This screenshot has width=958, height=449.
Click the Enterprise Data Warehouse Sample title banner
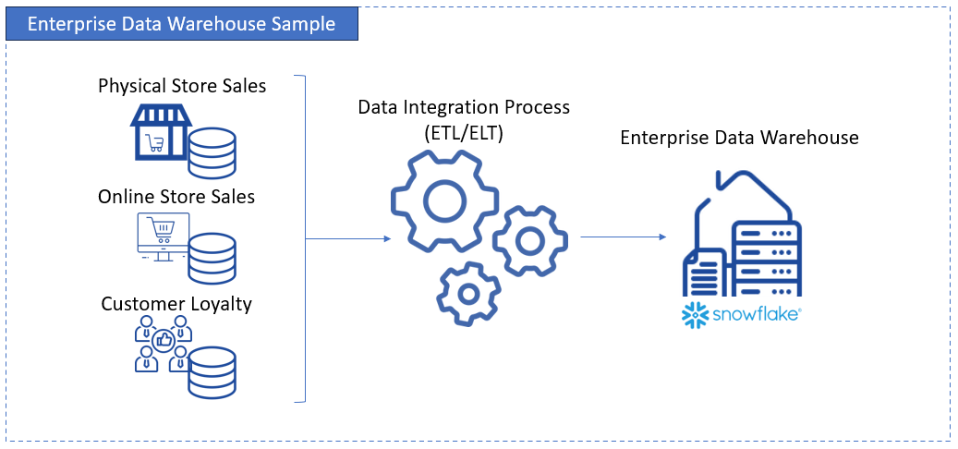pyautogui.click(x=182, y=24)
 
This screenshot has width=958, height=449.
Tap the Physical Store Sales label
pyautogui.click(x=182, y=86)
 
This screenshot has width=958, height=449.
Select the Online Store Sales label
pyautogui.click(x=176, y=197)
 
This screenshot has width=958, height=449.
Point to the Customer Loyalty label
pyautogui.click(x=176, y=304)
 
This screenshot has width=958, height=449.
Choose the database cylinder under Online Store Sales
pyautogui.click(x=212, y=258)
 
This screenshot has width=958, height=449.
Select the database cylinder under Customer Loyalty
pyautogui.click(x=212, y=372)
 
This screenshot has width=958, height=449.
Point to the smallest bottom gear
pyautogui.click(x=468, y=294)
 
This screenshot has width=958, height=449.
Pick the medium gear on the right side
pyautogui.click(x=529, y=241)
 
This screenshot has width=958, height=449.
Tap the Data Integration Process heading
pyautogui.click(x=464, y=107)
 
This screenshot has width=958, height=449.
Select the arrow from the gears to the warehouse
pyautogui.click(x=623, y=237)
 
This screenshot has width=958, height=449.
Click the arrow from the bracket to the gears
pyautogui.click(x=347, y=238)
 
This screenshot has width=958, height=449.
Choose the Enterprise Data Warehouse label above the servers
pyautogui.click(x=739, y=138)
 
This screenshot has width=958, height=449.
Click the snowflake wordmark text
pyautogui.click(x=755, y=315)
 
